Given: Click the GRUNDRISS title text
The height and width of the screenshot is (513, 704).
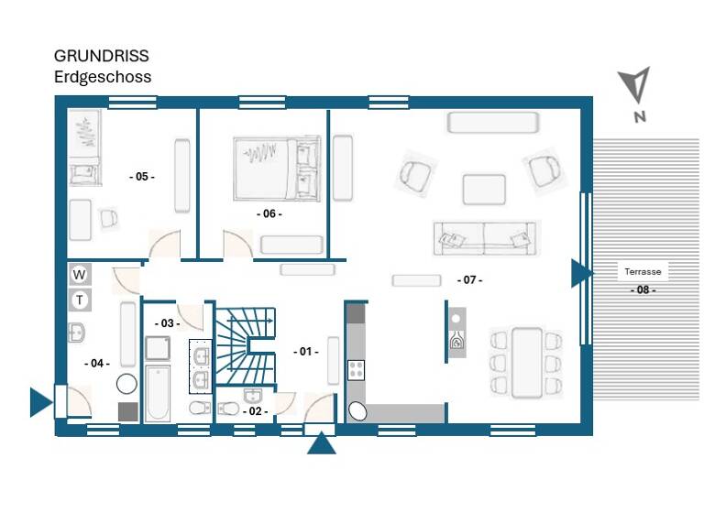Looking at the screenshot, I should (x=101, y=57).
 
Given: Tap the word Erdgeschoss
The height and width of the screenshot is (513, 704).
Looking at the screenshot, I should (x=103, y=77).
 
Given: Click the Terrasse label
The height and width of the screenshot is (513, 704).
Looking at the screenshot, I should (x=643, y=271).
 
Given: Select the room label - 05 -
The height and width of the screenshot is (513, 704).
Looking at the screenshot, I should (x=141, y=176).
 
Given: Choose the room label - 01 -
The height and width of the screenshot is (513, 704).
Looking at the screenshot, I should (x=305, y=351).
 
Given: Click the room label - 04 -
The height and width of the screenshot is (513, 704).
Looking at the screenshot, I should (x=97, y=363).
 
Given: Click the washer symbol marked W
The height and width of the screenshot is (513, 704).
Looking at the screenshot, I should (x=80, y=274).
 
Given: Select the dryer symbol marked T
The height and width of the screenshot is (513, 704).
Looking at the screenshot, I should (x=80, y=300).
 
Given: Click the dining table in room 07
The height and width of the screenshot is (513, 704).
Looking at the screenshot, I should (x=526, y=362).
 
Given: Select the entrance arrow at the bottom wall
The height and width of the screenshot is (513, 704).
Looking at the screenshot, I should (x=321, y=444).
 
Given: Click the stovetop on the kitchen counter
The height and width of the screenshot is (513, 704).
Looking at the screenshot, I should (x=356, y=370).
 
